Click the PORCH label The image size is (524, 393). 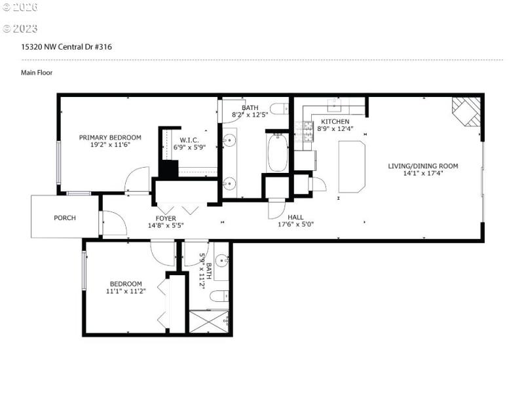[64, 217]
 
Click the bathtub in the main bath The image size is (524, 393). [277, 152]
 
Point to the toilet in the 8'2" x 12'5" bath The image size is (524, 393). [278, 108]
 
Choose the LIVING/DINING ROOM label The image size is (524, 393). [422, 166]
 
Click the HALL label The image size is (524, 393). [295, 217]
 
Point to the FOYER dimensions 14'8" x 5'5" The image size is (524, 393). [165, 226]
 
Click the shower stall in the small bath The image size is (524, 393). [208, 322]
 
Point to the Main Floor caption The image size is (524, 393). [37, 73]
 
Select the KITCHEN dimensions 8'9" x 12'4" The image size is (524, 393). [334, 129]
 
